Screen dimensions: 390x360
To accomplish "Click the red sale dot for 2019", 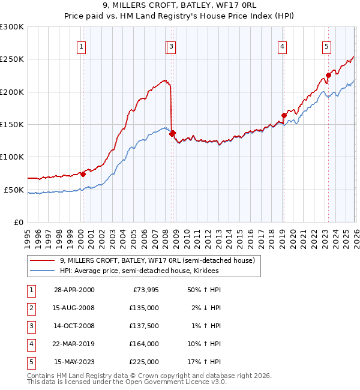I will point(284,116).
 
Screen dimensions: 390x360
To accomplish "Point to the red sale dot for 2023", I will point(328,76).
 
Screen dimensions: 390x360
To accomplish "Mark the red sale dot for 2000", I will point(83,174).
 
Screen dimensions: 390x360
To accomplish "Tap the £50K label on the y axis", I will point(14,190).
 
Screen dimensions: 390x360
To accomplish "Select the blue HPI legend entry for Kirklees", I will point(139,271).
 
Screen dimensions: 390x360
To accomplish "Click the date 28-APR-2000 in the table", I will point(74,290).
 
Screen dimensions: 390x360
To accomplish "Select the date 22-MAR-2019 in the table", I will point(74,344).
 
